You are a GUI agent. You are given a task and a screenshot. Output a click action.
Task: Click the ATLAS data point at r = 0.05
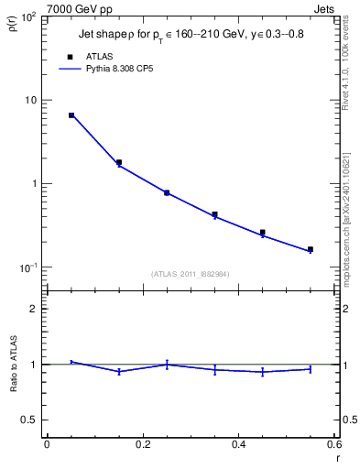(71, 115)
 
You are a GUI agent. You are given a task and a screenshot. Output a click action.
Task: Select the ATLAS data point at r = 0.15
(119, 162)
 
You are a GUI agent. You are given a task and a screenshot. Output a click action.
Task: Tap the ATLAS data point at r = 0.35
(214, 214)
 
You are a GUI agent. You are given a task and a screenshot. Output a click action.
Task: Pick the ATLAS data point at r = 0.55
(311, 249)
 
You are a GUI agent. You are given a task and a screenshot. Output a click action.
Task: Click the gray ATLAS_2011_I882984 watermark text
(190, 273)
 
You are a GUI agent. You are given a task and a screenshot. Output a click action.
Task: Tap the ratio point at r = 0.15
(119, 371)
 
